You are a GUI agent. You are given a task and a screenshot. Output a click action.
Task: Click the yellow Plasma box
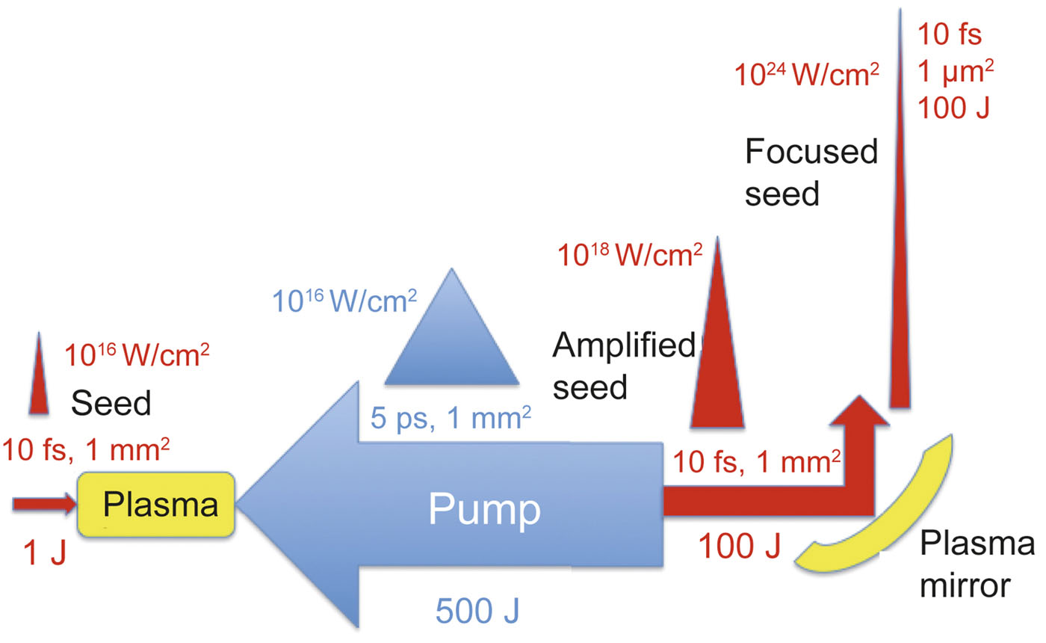point(157,505)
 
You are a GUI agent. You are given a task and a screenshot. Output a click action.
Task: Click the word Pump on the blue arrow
point(484,510)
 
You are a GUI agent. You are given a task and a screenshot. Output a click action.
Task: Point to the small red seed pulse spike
point(39,378)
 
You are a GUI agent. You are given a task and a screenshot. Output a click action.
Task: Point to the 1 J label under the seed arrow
point(43,554)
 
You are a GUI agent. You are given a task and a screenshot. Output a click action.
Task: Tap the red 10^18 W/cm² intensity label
point(631,255)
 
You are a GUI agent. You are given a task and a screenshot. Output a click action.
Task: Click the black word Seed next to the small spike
point(111,403)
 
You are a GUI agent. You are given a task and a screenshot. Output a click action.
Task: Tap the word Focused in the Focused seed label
point(811,153)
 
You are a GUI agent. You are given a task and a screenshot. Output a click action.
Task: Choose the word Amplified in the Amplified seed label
point(624,345)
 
